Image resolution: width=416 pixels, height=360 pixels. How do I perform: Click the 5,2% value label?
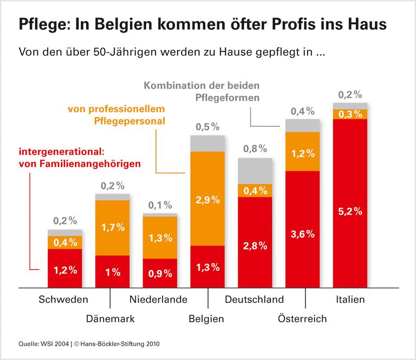pos(350,211)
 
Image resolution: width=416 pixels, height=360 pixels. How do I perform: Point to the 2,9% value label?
pos(208,200)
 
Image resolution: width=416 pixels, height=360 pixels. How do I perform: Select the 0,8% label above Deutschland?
pos(255,148)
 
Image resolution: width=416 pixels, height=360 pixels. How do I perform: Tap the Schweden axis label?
pos(63,299)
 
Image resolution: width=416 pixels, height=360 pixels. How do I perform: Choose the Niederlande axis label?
pos(158,299)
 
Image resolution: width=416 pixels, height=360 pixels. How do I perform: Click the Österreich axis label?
pos(302,318)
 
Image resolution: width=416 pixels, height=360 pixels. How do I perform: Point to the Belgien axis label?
pos(206,318)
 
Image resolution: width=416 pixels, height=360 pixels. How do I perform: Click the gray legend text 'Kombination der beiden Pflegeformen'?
pos(206,92)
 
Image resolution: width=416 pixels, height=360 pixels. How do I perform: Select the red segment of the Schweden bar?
pos(65,268)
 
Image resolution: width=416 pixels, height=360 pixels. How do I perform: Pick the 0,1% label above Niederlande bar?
pos(160,205)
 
